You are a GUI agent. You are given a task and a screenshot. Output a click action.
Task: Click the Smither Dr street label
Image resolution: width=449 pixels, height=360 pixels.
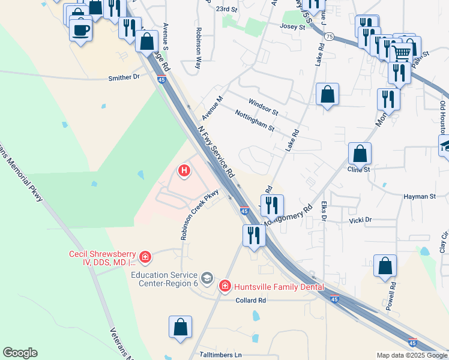(124, 77)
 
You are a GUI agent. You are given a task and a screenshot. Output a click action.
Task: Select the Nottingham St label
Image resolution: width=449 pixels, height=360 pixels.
(255, 121)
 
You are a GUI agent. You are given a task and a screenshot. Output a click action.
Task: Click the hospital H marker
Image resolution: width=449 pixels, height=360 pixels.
(184, 171)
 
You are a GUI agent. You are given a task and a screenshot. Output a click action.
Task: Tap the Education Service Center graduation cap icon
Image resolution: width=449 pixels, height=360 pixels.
(207, 278)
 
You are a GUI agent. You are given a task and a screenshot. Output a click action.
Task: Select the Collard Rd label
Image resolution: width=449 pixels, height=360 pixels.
(250, 300)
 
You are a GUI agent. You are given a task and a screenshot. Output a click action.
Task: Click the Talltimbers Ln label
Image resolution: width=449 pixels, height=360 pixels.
(220, 355)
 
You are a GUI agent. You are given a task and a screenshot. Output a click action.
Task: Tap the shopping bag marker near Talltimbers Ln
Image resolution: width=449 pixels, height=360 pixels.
(180, 328)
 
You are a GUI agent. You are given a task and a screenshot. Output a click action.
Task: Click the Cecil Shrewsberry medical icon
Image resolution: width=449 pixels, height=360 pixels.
(145, 257)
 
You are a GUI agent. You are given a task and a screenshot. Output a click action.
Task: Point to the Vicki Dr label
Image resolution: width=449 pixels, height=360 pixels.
(360, 220)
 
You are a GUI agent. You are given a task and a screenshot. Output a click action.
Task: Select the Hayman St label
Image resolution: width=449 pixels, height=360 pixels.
(420, 196)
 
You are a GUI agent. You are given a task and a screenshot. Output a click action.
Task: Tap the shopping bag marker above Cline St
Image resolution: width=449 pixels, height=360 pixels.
(360, 154)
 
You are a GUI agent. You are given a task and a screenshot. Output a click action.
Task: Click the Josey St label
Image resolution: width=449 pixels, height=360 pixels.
(294, 26)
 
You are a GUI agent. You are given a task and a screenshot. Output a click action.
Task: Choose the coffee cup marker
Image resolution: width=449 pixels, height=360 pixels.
(80, 29)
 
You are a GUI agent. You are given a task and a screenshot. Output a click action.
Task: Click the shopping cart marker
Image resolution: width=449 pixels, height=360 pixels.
(402, 53)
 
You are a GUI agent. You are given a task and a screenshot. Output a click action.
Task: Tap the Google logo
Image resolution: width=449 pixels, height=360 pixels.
(20, 353)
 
